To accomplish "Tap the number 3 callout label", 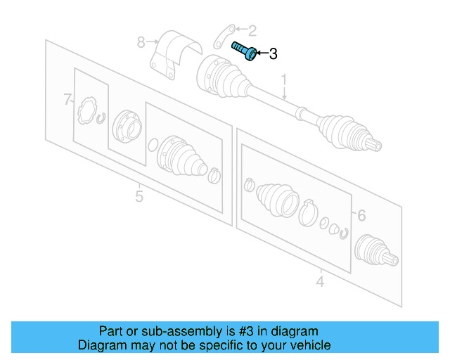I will (274, 53).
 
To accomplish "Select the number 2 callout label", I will (252, 30).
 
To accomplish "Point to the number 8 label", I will (141, 42).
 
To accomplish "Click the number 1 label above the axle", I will (285, 81).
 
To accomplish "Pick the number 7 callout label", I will (67, 100).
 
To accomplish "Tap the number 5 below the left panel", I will (139, 196).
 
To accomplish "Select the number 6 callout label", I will (361, 216).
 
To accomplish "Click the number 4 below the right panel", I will (320, 282).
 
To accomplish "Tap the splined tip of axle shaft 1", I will (375, 146).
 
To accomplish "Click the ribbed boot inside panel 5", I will (185, 158).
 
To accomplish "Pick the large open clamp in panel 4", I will (307, 212).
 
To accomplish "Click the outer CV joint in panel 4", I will (372, 250).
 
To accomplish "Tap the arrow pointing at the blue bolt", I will (261, 53).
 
